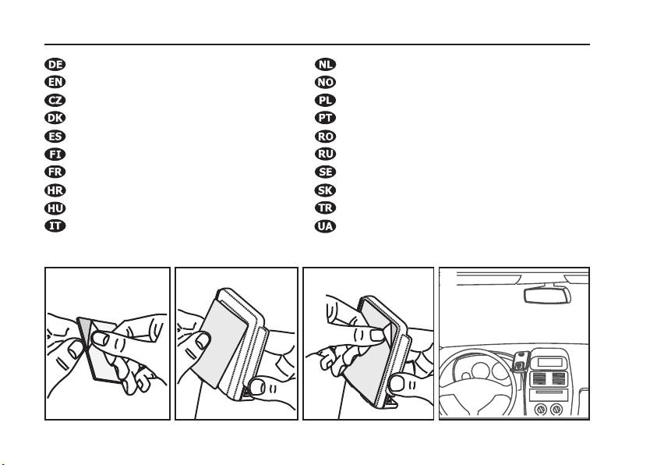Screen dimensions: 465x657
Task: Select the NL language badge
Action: click(x=324, y=64)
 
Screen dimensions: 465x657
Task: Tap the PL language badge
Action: click(x=324, y=100)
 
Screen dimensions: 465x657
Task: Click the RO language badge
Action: click(x=324, y=136)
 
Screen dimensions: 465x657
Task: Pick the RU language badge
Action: click(x=324, y=154)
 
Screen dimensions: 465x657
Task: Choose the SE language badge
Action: click(x=324, y=172)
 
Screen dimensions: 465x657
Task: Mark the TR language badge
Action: click(x=324, y=208)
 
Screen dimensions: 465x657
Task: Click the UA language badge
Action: click(x=324, y=226)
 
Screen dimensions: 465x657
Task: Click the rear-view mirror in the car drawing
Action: click(x=548, y=295)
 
